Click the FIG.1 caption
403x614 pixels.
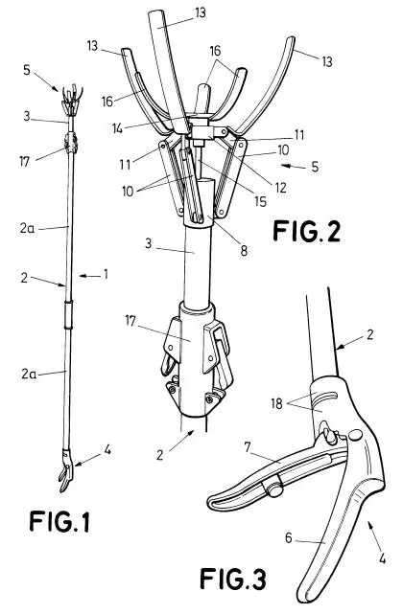coord(59,522)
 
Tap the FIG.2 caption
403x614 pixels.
coord(306,231)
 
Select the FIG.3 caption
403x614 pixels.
coord(233,579)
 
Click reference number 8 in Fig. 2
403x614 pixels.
coord(244,251)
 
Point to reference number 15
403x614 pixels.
coord(260,201)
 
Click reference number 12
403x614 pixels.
coord(280,188)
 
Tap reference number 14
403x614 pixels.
coord(117,127)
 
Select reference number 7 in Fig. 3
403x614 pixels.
coord(247,447)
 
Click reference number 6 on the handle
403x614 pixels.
coord(289,538)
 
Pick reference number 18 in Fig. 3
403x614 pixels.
coord(277,403)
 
